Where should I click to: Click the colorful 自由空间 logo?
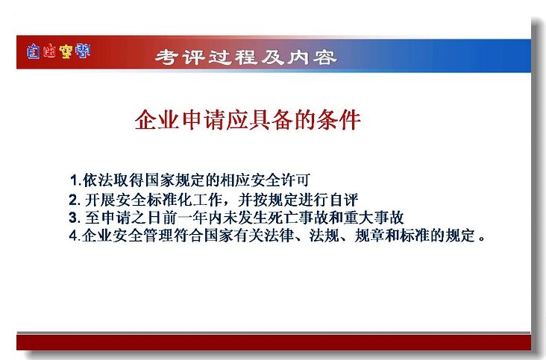tap(58, 51)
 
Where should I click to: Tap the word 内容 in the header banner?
tap(312, 57)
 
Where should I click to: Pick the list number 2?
tap(75, 200)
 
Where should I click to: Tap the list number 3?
tap(75, 218)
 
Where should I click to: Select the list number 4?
tap(75, 236)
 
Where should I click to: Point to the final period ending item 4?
tap(482, 239)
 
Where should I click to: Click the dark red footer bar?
tap(274, 342)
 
